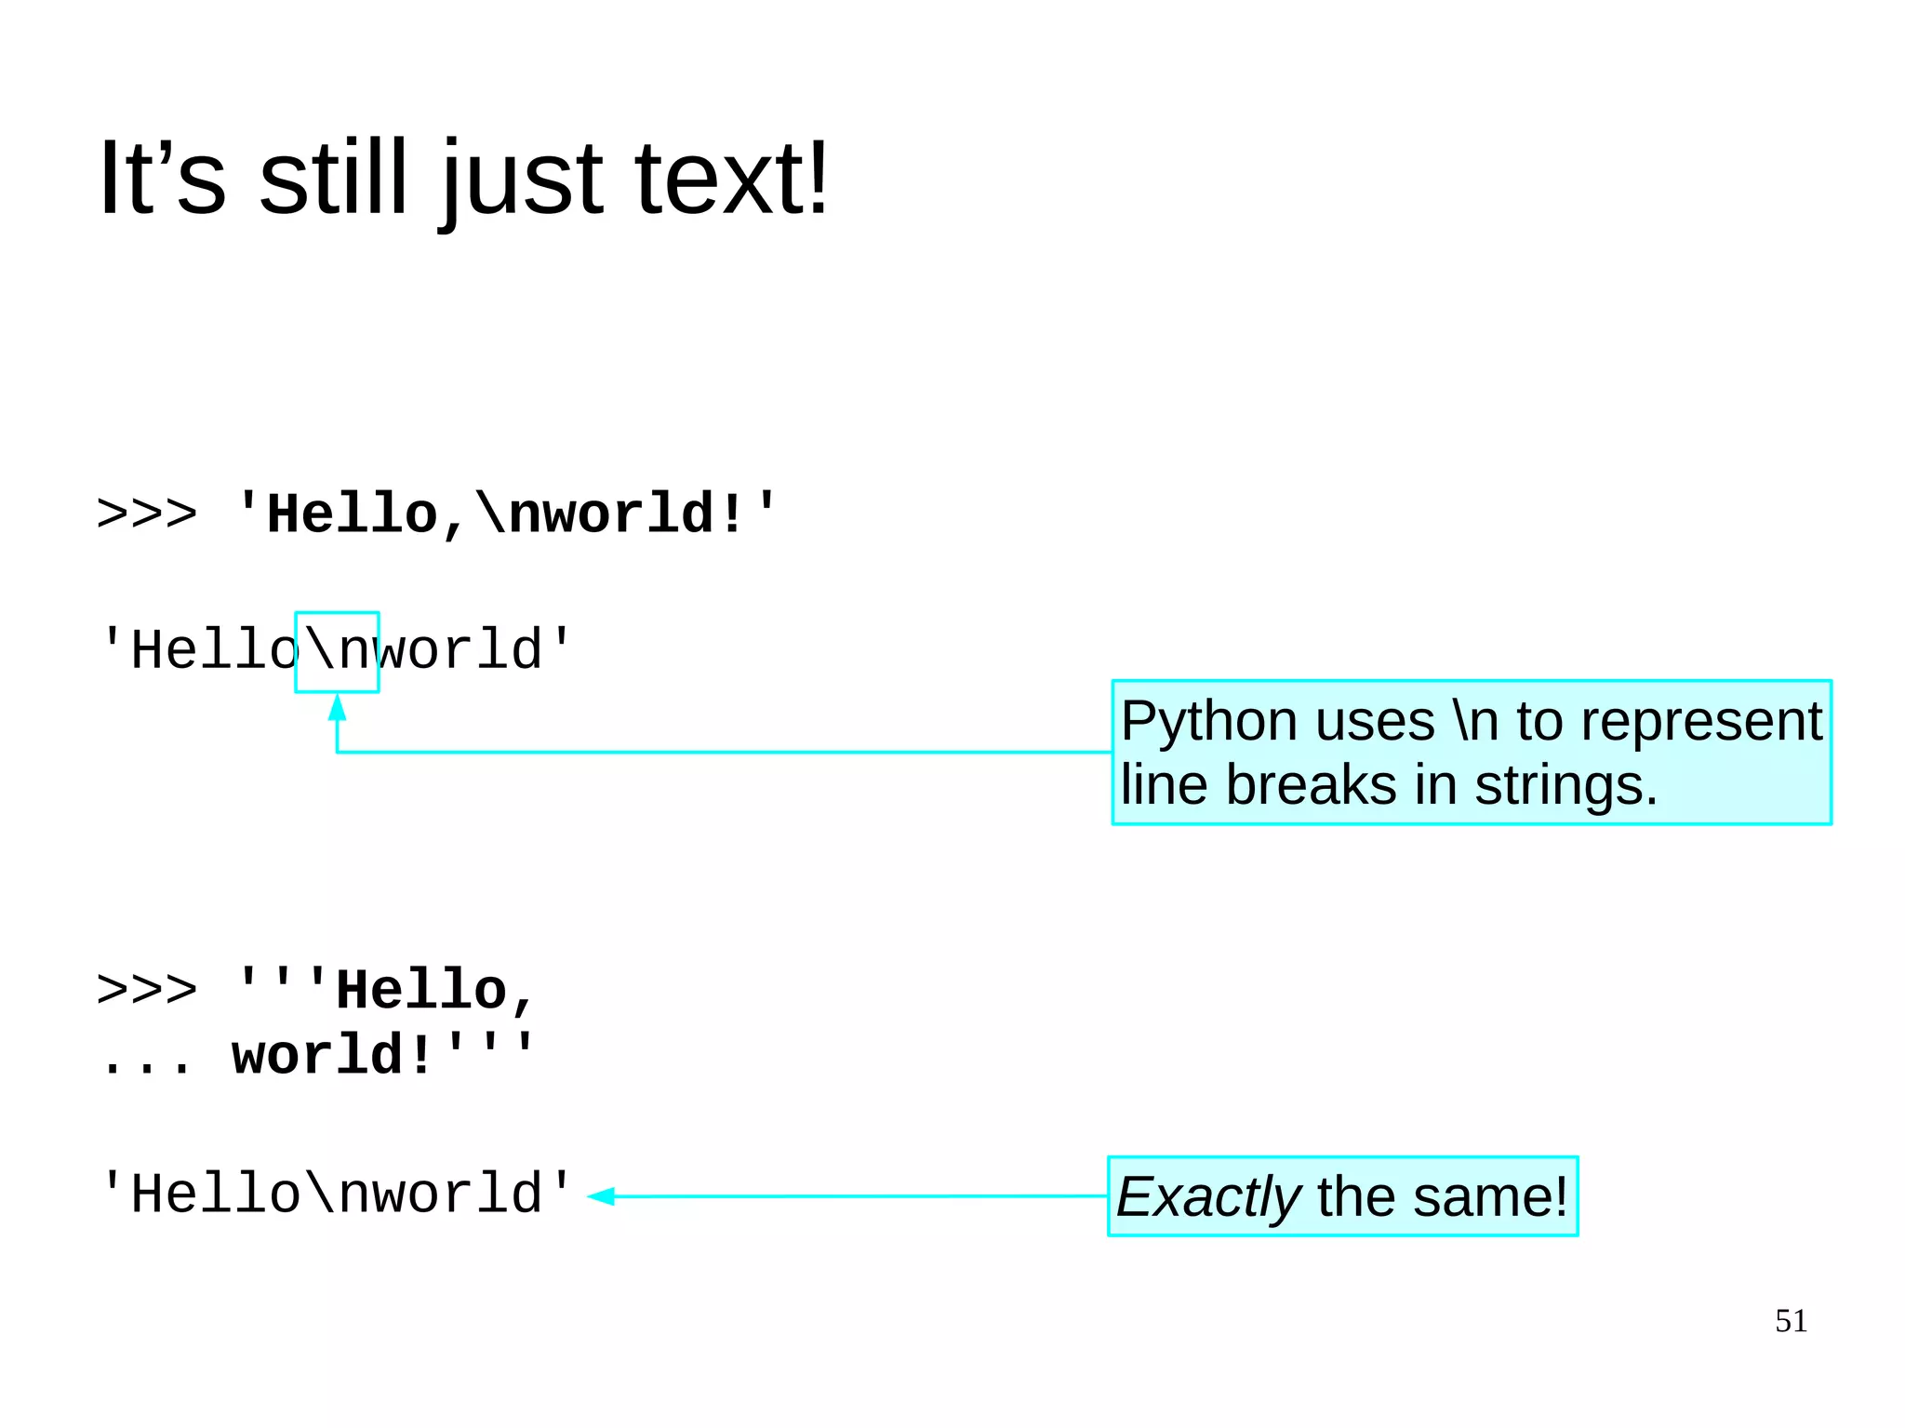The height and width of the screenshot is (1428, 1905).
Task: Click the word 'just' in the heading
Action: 522,181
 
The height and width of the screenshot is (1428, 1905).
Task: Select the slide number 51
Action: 1791,1321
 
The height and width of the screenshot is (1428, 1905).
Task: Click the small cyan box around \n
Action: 337,651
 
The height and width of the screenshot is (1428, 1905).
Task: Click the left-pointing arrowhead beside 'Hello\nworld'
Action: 602,1196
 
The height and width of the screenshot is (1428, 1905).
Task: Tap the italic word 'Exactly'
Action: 1207,1197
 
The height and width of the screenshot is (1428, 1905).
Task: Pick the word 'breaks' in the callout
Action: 1311,785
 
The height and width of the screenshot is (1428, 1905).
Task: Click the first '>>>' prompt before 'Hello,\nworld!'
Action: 147,514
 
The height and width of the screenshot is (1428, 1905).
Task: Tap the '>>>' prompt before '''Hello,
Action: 147,990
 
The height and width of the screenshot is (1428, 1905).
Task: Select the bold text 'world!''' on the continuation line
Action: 382,1055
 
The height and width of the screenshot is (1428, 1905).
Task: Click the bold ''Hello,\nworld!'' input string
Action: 506,514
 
